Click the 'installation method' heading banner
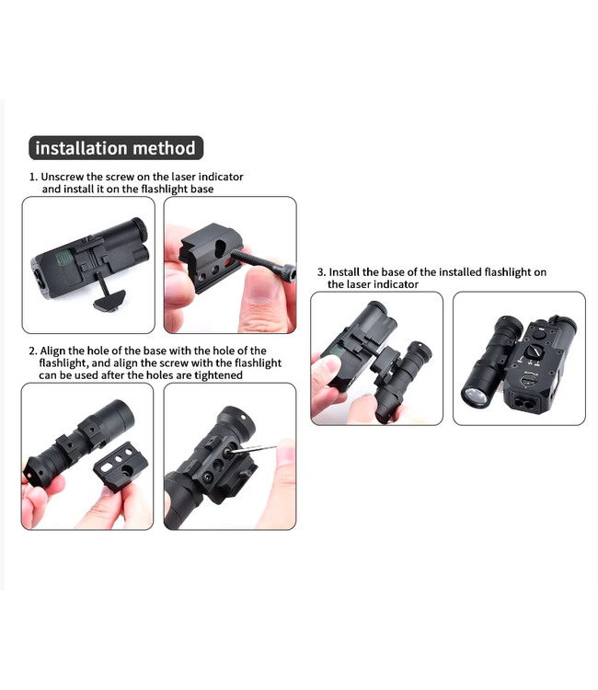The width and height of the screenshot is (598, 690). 115,148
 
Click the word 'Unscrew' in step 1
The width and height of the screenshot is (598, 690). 64,176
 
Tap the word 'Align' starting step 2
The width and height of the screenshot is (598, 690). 57,351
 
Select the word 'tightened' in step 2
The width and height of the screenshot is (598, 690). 218,374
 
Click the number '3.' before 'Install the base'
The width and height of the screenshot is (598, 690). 321,272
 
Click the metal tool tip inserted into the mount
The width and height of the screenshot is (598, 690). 252,452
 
